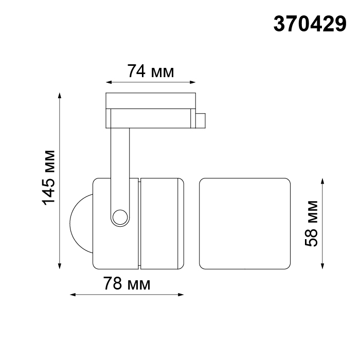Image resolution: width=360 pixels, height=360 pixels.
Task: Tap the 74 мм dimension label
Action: (x=151, y=71)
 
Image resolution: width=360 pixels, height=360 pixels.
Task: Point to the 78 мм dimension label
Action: (x=127, y=283)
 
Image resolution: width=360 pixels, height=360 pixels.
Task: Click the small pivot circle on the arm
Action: (x=120, y=217)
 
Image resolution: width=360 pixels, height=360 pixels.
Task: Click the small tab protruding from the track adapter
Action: (x=201, y=119)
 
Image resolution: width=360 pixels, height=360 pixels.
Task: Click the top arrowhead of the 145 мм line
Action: (x=60, y=95)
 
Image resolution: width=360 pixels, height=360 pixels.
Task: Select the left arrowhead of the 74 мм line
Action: (x=108, y=81)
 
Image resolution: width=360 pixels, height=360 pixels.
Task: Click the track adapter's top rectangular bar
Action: (x=151, y=100)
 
